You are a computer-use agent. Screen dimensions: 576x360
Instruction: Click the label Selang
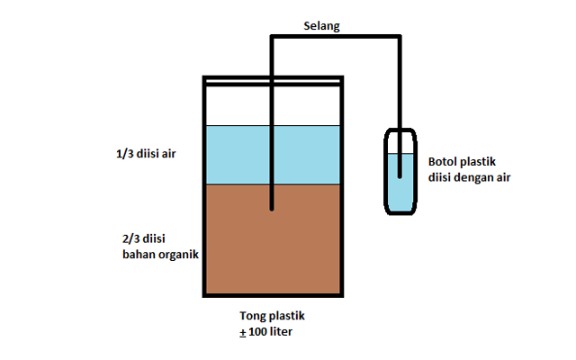pos(321,26)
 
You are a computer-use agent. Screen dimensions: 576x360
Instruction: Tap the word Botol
pos(443,162)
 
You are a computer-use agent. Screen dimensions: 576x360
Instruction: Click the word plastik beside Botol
pos(478,162)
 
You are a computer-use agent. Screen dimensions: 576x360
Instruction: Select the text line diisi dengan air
pos(469,178)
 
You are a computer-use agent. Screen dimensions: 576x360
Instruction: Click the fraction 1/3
pos(124,154)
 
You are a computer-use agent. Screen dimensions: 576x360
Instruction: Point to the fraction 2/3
pos(130,238)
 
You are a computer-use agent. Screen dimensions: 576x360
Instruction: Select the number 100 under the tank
pos(258,332)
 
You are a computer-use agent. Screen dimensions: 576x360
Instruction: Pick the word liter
pos(281,331)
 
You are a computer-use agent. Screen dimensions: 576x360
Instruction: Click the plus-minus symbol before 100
pos(243,332)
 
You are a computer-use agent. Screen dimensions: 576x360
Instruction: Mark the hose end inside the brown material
pos(272,210)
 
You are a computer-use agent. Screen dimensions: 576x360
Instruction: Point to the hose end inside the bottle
pos(400,177)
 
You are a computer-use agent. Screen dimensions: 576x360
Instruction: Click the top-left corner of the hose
pos(272,36)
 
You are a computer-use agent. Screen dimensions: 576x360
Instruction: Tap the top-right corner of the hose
pos(400,36)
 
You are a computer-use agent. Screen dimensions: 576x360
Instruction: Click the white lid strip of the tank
pos(273,81)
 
